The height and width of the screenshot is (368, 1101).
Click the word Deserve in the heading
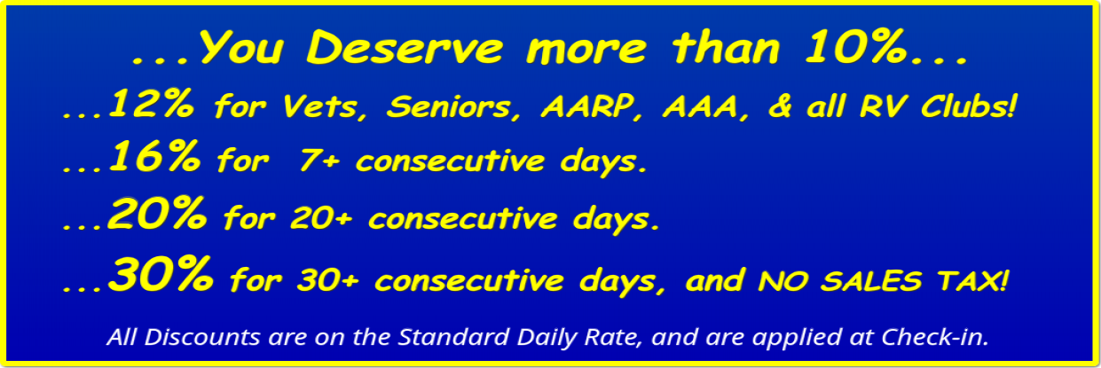405,48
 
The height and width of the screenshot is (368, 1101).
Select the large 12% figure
151,104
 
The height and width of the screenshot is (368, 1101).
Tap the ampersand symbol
780,106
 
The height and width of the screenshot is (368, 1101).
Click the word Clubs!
968,106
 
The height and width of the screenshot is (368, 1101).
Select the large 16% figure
153,156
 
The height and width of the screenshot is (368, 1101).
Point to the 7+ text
319,161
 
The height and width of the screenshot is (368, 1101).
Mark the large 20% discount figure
157,213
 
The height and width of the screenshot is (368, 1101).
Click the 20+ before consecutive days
321,218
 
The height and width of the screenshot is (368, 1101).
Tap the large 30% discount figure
161,274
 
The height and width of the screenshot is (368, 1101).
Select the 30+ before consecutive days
328,280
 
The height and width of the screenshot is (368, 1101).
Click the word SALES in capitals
871,281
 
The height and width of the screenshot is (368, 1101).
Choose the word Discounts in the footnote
202,337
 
